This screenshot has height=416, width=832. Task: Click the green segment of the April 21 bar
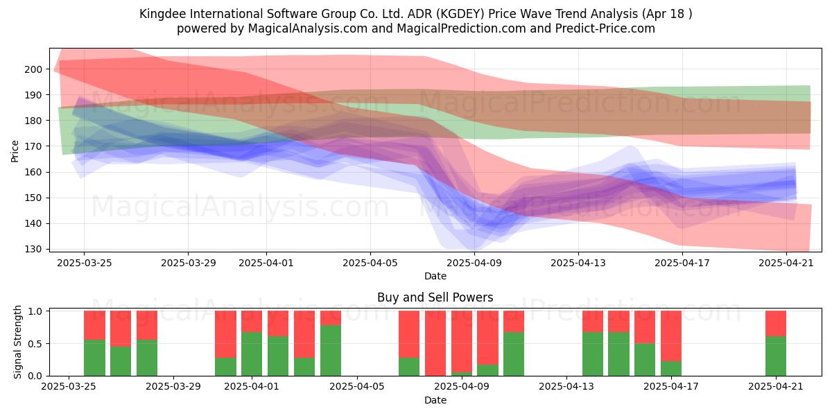pyautogui.click(x=776, y=356)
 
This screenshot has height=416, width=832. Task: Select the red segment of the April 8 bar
pyautogui.click(x=435, y=343)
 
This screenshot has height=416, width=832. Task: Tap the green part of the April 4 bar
pyautogui.click(x=331, y=350)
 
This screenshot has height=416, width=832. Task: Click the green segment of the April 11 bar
pyautogui.click(x=514, y=354)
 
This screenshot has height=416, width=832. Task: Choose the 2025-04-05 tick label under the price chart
pyautogui.click(x=370, y=263)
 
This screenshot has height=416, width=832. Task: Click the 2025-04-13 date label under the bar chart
pyautogui.click(x=566, y=387)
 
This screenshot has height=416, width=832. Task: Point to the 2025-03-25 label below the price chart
pyautogui.click(x=85, y=263)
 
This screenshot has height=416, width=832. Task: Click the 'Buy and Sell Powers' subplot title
pyautogui.click(x=435, y=297)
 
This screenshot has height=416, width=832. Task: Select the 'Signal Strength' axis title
pyautogui.click(x=17, y=342)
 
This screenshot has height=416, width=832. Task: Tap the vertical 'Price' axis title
pyautogui.click(x=15, y=151)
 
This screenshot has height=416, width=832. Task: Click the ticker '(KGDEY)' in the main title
pyautogui.click(x=460, y=14)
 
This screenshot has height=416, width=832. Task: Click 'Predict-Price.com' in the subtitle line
pyautogui.click(x=605, y=28)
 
